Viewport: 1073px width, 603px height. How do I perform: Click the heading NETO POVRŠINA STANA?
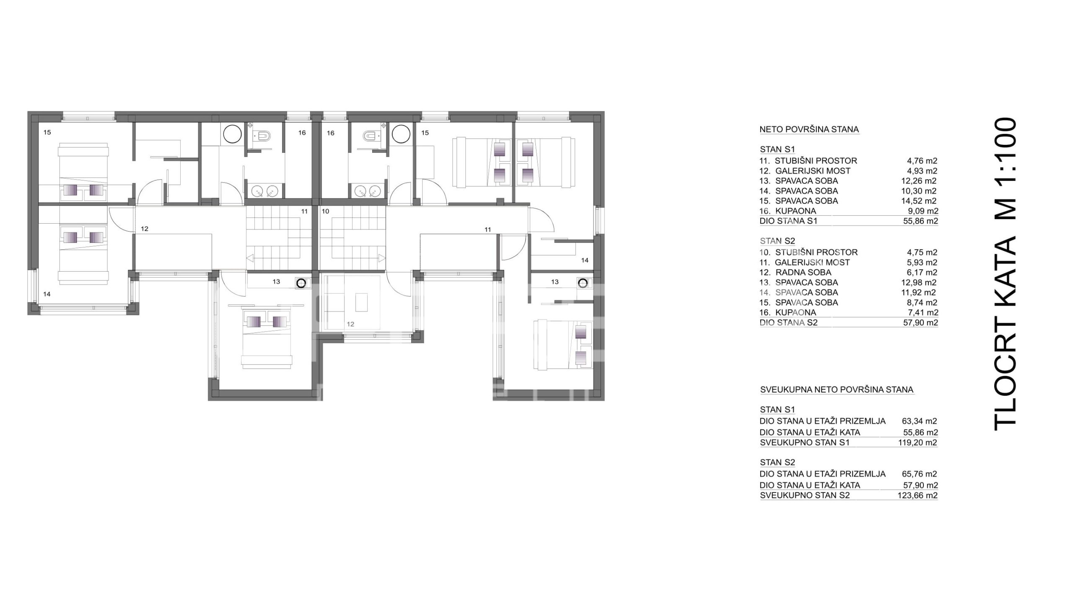coord(809,129)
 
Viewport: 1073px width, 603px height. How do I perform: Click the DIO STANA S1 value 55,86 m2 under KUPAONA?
coord(920,221)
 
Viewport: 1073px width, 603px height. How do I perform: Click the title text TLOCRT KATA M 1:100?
coord(1006,274)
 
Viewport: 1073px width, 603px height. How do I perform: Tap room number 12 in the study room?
coord(350,324)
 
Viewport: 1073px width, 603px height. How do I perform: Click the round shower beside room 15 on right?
coord(401,134)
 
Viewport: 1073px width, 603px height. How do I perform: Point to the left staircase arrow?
coord(250,258)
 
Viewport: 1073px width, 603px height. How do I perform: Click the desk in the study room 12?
coord(361,302)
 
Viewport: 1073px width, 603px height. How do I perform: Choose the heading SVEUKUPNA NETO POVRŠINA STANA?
coord(837,390)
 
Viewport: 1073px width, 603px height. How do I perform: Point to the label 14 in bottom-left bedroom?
coord(47,294)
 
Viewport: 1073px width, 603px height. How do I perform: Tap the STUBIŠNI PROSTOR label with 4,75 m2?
coord(816,253)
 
